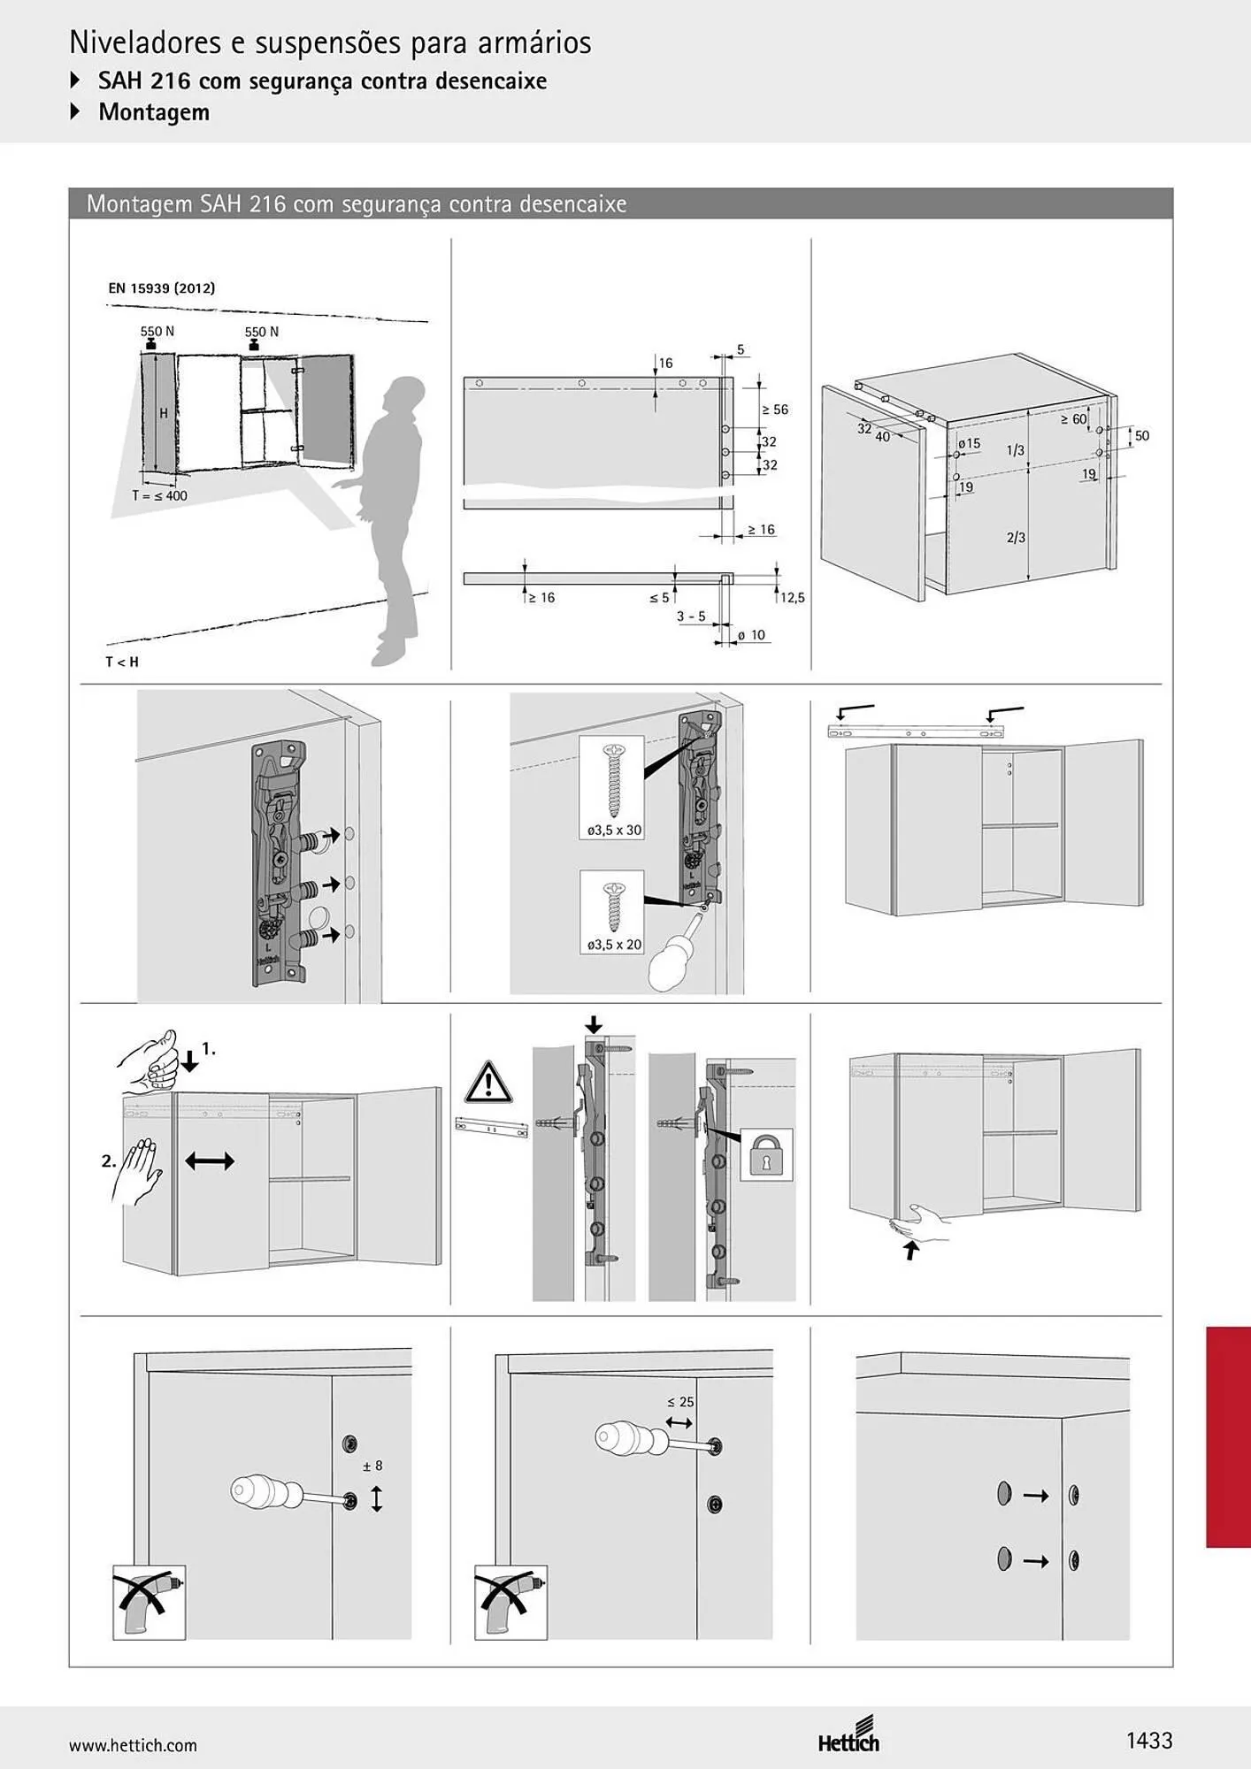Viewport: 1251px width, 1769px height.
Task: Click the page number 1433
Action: click(1148, 1741)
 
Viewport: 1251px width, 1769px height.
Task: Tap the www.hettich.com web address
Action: click(133, 1745)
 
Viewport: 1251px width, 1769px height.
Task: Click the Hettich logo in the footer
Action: click(849, 1734)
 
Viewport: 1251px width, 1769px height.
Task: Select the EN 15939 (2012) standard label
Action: click(161, 288)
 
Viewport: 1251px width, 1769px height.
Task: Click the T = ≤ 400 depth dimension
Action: click(159, 496)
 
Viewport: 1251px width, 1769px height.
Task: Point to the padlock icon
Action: click(766, 1155)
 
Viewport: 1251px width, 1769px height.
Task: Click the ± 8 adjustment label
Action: click(372, 1466)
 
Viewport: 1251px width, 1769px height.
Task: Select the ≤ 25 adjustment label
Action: click(680, 1402)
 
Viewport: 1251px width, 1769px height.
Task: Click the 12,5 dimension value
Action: click(793, 598)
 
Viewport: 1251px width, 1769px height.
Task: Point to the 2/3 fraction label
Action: click(1016, 538)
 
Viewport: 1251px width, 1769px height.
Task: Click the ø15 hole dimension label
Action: click(969, 443)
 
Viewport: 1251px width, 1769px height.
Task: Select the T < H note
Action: click(122, 662)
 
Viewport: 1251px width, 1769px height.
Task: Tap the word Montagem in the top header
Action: click(154, 112)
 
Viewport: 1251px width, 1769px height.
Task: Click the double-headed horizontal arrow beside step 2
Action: click(210, 1160)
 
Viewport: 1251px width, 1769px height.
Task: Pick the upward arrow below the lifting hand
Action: click(910, 1251)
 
